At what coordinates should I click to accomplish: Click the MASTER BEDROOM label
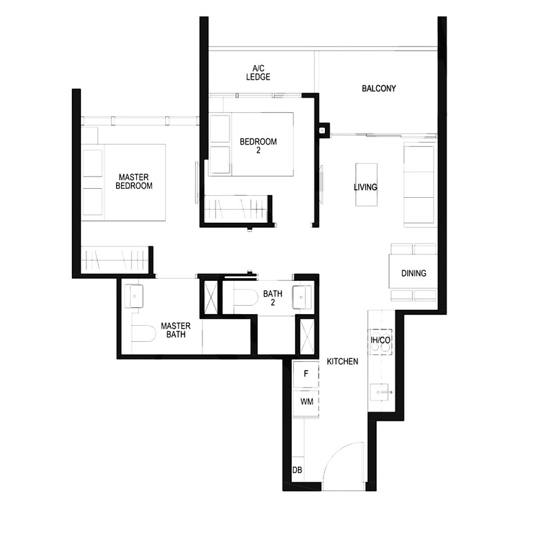(133, 181)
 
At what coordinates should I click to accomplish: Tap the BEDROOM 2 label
(258, 147)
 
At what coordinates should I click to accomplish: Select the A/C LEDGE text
(258, 73)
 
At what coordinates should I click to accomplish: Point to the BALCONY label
(378, 89)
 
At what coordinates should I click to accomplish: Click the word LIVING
(365, 187)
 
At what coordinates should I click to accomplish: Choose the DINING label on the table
(413, 273)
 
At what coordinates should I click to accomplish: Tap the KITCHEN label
(342, 361)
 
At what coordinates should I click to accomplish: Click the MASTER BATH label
(176, 330)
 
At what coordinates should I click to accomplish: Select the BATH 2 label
(272, 299)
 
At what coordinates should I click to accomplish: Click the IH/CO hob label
(380, 340)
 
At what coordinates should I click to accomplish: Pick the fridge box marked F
(305, 374)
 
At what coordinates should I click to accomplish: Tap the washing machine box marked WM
(305, 401)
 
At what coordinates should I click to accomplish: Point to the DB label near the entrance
(297, 470)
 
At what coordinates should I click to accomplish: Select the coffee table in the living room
(367, 184)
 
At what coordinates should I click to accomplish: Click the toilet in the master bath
(144, 333)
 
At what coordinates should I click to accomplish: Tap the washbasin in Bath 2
(302, 296)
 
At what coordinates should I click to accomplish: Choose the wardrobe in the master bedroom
(114, 260)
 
